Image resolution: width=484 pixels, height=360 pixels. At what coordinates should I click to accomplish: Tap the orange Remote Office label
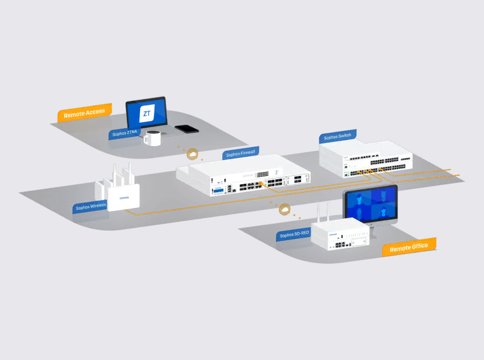coord(409,247)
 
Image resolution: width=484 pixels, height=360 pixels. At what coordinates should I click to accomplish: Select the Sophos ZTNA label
coord(124,132)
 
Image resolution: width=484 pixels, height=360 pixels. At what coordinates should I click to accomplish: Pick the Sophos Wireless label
coord(90,207)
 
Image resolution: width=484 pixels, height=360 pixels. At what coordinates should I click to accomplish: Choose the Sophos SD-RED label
coord(294,234)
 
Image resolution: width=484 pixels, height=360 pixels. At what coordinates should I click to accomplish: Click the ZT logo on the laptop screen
coord(147,114)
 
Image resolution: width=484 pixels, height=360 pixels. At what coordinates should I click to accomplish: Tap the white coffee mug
coord(152,137)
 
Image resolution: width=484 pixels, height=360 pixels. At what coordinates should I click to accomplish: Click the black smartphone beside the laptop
coord(186,129)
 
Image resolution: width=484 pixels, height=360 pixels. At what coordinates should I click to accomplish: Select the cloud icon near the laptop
coord(192,153)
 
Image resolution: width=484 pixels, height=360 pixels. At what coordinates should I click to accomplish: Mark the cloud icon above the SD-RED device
coord(285,209)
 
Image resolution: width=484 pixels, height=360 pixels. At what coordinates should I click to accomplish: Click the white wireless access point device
coord(123,197)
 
